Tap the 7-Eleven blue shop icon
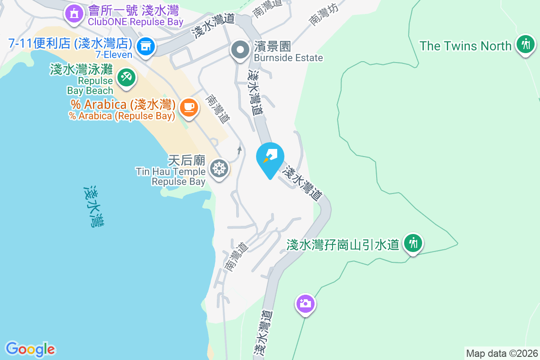tap(145, 45)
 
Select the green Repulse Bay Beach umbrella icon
tap(126, 77)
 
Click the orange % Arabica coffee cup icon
tap(189, 107)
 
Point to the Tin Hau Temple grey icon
tap(219, 169)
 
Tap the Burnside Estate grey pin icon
tap(240, 50)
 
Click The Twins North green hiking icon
tap(525, 44)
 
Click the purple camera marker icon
tap(305, 303)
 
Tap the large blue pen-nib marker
tap(270, 157)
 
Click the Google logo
tap(30, 349)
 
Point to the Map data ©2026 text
tap(502, 353)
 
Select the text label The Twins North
tap(466, 46)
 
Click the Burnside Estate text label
tap(288, 58)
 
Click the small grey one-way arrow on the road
tap(239, 150)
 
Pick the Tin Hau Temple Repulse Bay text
tap(171, 176)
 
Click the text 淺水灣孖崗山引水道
tap(343, 244)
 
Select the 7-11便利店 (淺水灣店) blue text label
tap(70, 44)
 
